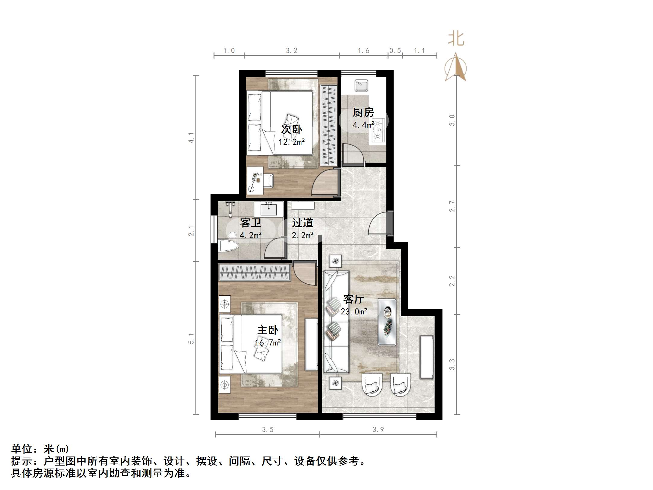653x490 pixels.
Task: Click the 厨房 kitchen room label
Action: point(363,113)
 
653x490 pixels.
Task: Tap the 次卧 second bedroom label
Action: point(291,129)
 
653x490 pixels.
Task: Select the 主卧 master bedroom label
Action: point(268,330)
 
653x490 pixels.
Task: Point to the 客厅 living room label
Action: point(353,299)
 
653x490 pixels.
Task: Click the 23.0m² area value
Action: point(354,311)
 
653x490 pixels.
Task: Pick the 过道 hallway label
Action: point(303,223)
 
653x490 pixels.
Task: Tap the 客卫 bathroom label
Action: point(250,223)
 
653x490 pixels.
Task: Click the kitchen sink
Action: point(361,85)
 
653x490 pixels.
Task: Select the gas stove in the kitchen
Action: point(379,130)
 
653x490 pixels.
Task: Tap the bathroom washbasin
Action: point(268,209)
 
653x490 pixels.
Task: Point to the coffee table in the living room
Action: point(387,322)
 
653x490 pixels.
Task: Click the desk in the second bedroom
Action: point(255,180)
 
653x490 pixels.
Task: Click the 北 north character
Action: point(456,39)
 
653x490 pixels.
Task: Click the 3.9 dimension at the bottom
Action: point(378,429)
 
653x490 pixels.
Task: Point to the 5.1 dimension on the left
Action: point(191,338)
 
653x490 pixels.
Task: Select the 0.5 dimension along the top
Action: point(395,51)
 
